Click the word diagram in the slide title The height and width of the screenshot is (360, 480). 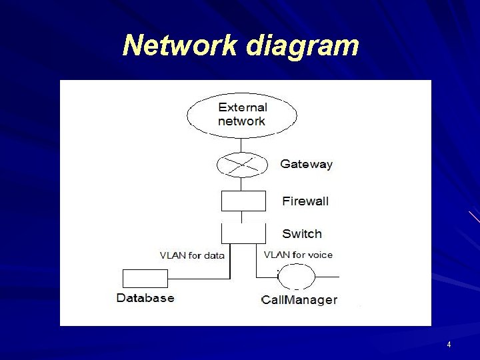(303, 45)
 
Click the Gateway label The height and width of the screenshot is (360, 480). (306, 164)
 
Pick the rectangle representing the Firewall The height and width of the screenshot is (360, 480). (243, 201)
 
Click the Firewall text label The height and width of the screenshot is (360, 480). (305, 201)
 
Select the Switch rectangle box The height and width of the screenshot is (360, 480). (243, 233)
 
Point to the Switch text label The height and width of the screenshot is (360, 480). (302, 234)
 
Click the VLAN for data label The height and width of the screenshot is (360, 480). (192, 255)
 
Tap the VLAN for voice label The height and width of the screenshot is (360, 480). (298, 255)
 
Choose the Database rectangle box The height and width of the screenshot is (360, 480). (145, 278)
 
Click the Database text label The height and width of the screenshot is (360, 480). (145, 298)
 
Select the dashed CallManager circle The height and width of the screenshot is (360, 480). (296, 276)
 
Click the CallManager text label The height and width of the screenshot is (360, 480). (299, 300)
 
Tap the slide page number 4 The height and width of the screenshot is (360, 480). (449, 345)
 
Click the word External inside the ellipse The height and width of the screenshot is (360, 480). (243, 107)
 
